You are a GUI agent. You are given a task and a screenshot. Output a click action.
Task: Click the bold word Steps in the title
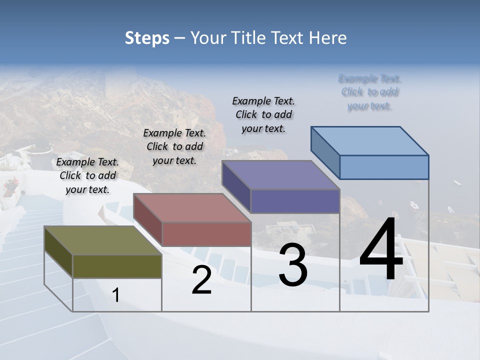pos(146,38)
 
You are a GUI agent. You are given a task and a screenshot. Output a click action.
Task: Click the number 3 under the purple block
pos(293,264)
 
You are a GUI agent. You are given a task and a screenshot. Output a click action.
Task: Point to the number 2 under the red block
pos(201,280)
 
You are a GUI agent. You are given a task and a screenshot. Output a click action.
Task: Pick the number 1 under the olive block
pos(116,295)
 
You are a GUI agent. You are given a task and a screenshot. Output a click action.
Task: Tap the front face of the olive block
pos(117,266)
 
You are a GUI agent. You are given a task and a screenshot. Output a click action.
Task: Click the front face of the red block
pos(206,234)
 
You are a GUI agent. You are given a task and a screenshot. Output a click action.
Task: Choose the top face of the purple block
pos(280,175)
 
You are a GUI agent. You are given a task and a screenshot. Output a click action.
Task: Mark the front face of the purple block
pos(295,201)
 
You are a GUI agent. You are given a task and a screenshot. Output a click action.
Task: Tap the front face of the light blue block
pos(384,167)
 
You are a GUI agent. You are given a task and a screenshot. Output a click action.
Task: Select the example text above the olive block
pos(87,175)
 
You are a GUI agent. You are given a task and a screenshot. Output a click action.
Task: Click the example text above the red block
pos(174,146)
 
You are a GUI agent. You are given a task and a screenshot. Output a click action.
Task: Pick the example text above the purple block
pos(263,114)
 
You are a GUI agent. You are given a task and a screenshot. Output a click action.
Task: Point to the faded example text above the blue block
pos(369,92)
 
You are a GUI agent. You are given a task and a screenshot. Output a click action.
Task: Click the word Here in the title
pos(328,38)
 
